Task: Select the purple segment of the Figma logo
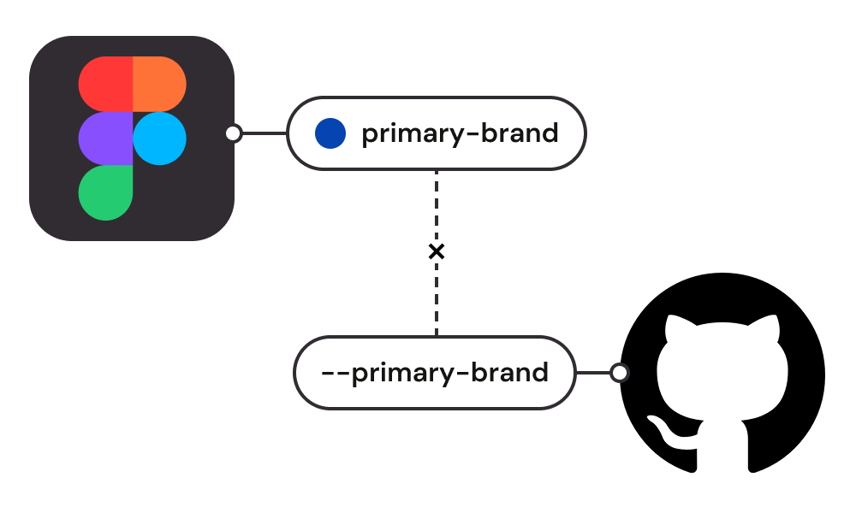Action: pyautogui.click(x=105, y=139)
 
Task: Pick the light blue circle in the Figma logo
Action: pyautogui.click(x=160, y=139)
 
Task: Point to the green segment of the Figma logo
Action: pyautogui.click(x=105, y=192)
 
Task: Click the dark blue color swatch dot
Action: pyautogui.click(x=330, y=133)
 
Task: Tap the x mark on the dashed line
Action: pyautogui.click(x=437, y=251)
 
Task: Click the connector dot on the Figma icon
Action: pyautogui.click(x=233, y=133)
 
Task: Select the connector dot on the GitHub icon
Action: pyautogui.click(x=619, y=373)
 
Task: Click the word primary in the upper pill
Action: pyautogui.click(x=408, y=134)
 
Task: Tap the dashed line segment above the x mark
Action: pyautogui.click(x=437, y=205)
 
